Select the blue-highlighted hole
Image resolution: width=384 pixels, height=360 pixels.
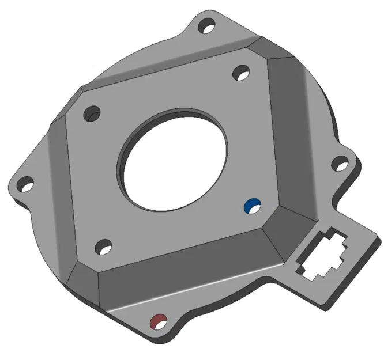(252, 206)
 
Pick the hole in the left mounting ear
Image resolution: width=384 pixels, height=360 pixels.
(24, 185)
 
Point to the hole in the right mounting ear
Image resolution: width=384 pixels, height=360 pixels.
(341, 165)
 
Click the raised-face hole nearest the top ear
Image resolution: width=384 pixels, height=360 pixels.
(241, 73)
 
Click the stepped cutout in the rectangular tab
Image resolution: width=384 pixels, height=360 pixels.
(320, 254)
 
